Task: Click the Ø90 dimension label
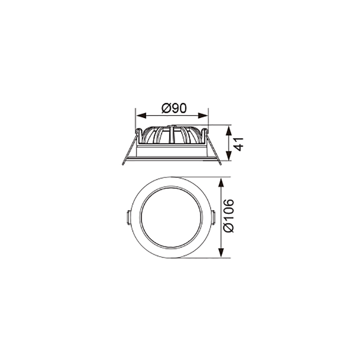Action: [174, 108]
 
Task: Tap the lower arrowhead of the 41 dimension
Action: [229, 155]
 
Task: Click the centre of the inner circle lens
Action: [171, 218]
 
